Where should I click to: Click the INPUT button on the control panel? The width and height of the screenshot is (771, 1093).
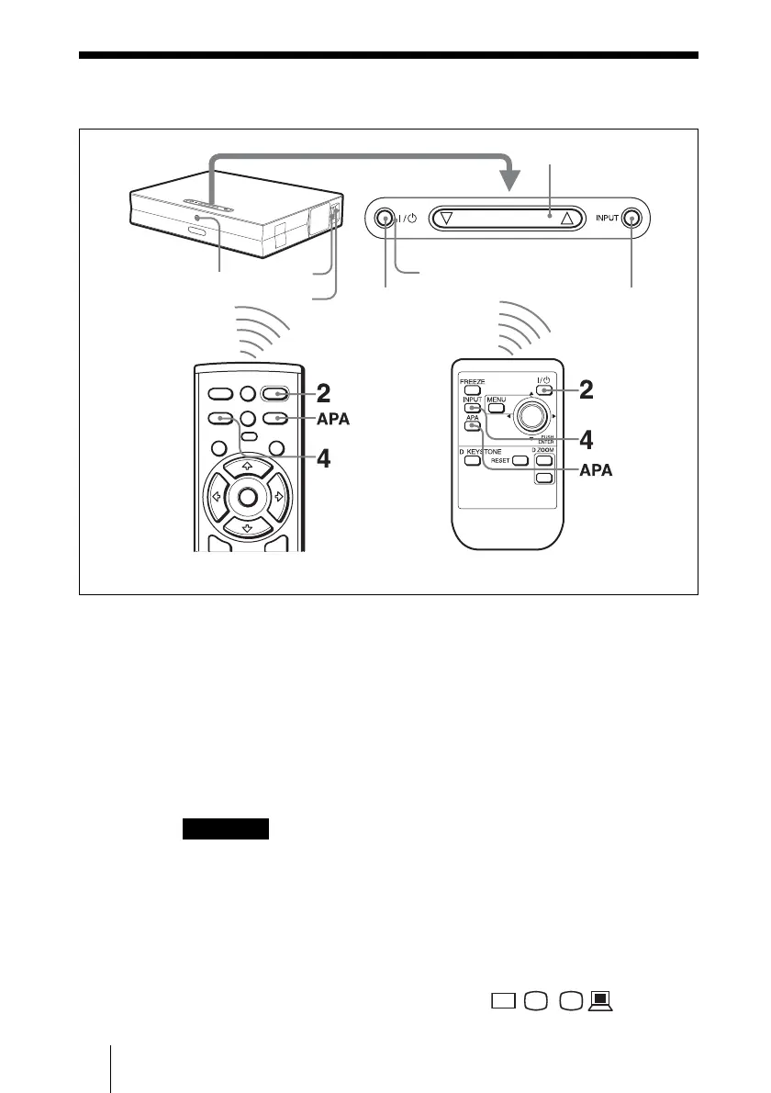tap(631, 219)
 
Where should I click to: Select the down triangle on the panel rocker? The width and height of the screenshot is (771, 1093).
tap(447, 219)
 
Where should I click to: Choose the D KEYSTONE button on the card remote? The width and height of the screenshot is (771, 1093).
tap(471, 459)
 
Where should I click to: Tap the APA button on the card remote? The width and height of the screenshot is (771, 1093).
tap(472, 425)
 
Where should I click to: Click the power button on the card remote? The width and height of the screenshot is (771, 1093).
tap(545, 389)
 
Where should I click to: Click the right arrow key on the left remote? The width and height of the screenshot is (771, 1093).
tap(276, 498)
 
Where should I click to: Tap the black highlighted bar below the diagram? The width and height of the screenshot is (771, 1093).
tap(225, 829)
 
